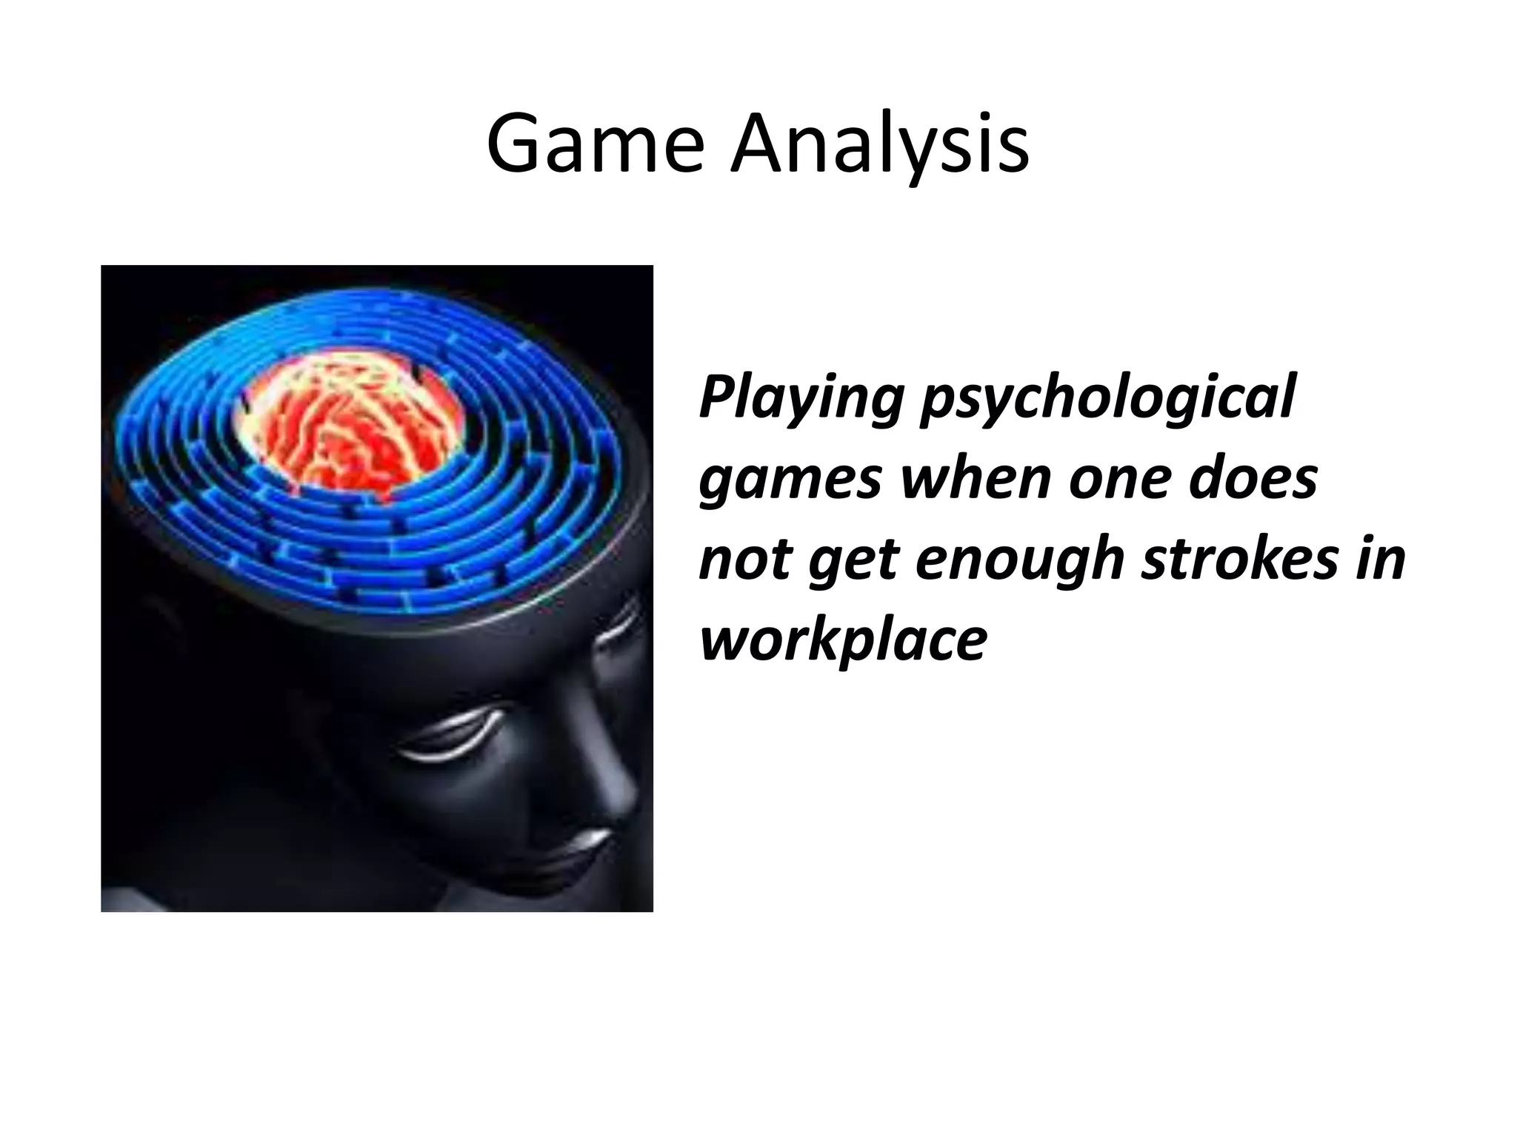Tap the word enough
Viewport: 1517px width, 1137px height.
click(1020, 561)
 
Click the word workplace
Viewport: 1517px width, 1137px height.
click(843, 641)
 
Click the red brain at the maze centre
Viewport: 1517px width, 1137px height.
click(348, 433)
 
